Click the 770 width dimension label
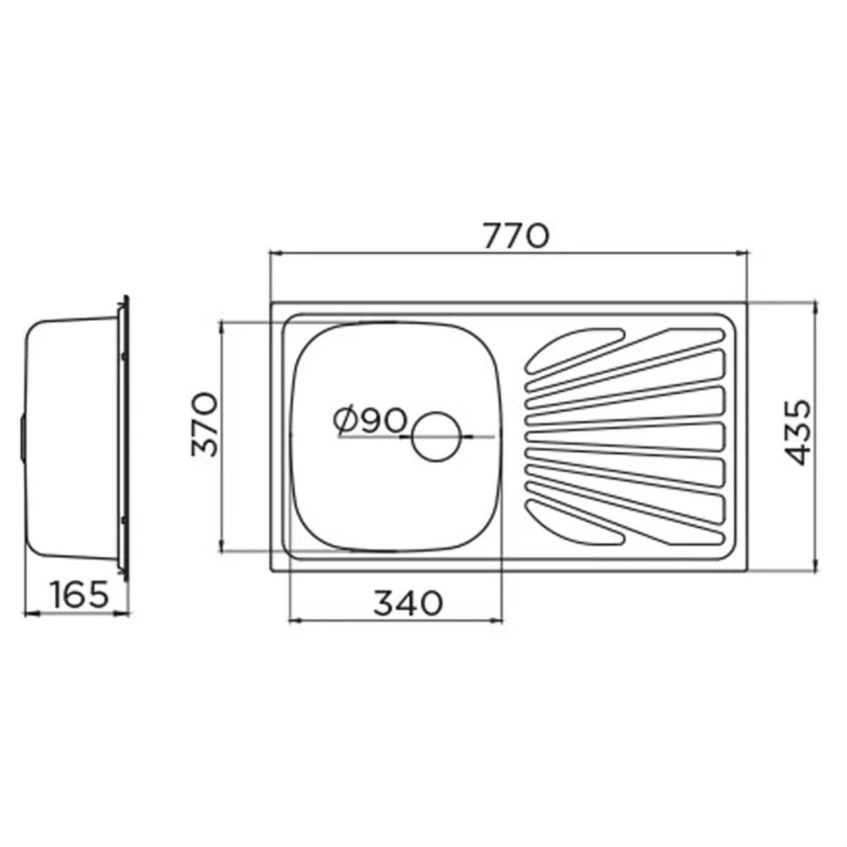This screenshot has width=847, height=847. pyautogui.click(x=517, y=236)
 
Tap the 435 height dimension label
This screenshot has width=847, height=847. pyautogui.click(x=797, y=433)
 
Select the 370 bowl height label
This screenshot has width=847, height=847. pyautogui.click(x=205, y=425)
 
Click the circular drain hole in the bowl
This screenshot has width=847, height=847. pyautogui.click(x=436, y=436)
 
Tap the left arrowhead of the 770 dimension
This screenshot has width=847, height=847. pyautogui.click(x=275, y=253)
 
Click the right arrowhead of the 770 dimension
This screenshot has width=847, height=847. pyautogui.click(x=742, y=253)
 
